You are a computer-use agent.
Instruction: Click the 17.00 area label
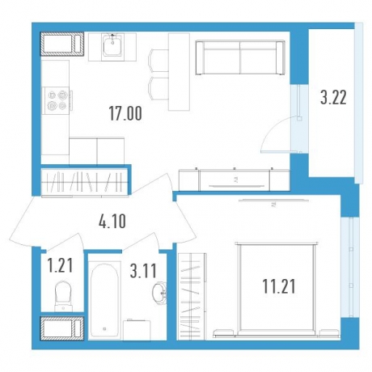click(x=125, y=113)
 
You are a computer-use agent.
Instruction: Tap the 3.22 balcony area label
click(x=333, y=98)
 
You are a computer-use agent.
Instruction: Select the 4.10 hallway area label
click(x=112, y=222)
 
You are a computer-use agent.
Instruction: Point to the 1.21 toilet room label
click(x=60, y=265)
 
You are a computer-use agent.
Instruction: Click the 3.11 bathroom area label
click(x=143, y=271)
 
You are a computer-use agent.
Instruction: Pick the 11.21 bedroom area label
click(x=279, y=286)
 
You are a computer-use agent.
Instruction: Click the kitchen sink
click(x=112, y=45)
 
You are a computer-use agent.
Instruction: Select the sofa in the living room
click(x=240, y=57)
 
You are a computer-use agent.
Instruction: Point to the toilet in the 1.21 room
click(x=62, y=297)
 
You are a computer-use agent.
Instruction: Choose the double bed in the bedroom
click(x=277, y=289)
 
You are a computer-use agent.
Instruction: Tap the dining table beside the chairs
click(x=179, y=72)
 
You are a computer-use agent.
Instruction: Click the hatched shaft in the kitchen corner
click(x=62, y=44)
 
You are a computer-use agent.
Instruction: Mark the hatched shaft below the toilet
click(x=62, y=328)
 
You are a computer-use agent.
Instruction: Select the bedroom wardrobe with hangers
click(x=192, y=296)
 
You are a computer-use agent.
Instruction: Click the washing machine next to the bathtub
click(x=137, y=329)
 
